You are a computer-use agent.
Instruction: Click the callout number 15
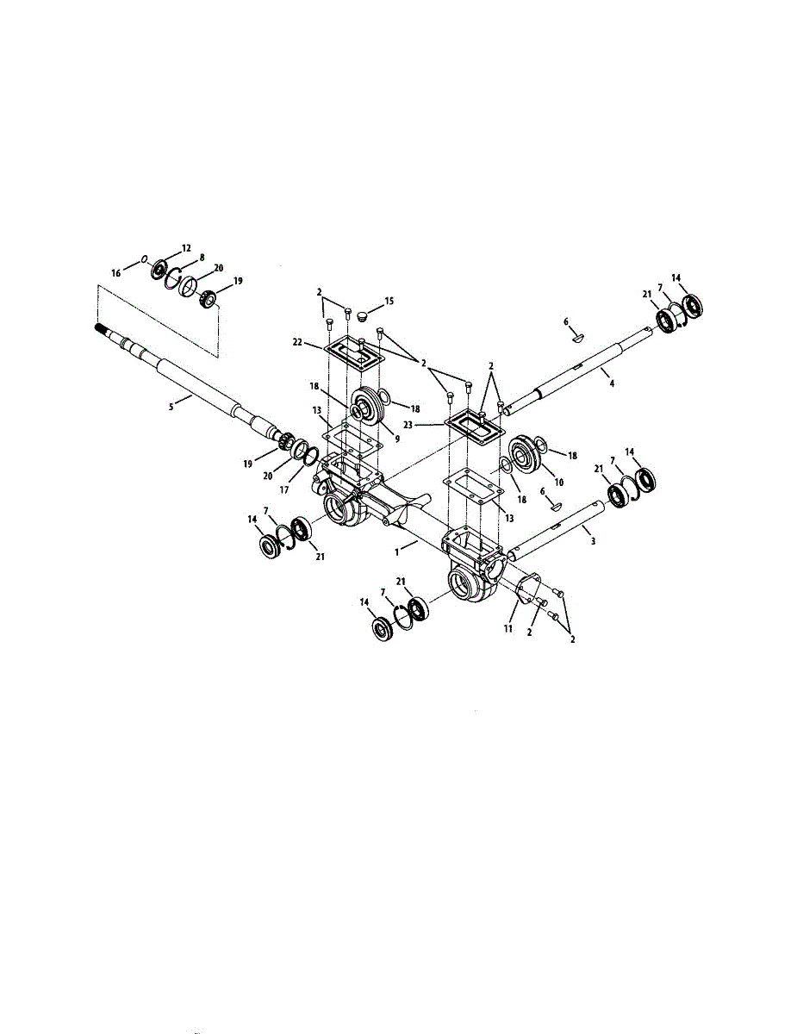click(x=389, y=301)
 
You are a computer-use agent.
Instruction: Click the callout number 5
click(x=171, y=406)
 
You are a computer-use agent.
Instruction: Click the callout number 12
click(x=187, y=247)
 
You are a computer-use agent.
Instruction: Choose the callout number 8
click(x=201, y=257)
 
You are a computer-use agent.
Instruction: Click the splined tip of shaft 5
click(x=102, y=328)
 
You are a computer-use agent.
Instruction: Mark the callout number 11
click(x=509, y=629)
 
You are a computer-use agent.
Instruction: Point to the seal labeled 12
click(x=160, y=267)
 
